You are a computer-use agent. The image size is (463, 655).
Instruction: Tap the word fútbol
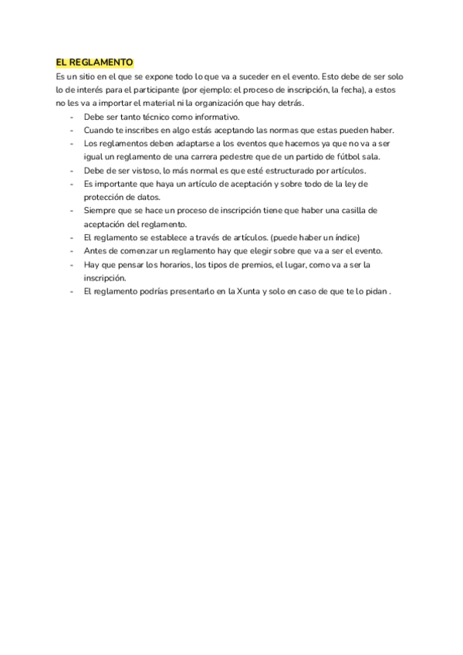pyautogui.click(x=331, y=157)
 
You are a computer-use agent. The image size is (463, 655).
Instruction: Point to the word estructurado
pyautogui.click(x=299, y=171)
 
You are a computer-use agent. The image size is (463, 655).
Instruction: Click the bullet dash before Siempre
pyautogui.click(x=72, y=211)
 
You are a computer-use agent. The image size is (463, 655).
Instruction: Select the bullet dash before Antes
pyautogui.click(x=72, y=251)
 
